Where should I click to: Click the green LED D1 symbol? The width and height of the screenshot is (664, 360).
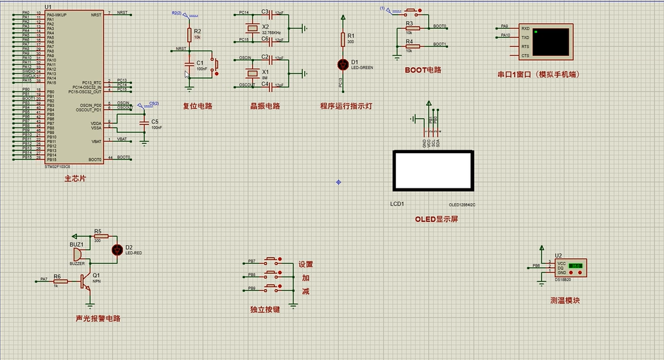pos(342,64)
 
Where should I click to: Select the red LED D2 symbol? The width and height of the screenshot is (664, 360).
pos(118,249)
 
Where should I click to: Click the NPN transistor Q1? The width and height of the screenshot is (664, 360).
pos(86,281)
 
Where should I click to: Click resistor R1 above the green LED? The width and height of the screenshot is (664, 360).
pos(342,39)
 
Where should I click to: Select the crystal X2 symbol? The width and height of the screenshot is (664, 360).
pos(251,28)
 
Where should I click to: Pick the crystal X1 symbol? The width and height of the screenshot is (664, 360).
pos(251,72)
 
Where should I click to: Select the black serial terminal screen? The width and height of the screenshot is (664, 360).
pos(550,41)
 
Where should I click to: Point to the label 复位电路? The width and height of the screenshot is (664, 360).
pos(198,106)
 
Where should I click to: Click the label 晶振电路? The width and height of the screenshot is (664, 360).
pos(265,106)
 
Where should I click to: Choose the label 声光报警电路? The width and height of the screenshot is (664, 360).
pos(98,319)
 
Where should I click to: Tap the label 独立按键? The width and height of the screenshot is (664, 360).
pos(265,309)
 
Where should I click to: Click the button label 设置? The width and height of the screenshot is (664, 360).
pos(306,264)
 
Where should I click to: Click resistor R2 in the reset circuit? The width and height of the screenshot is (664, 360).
pos(189,35)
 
